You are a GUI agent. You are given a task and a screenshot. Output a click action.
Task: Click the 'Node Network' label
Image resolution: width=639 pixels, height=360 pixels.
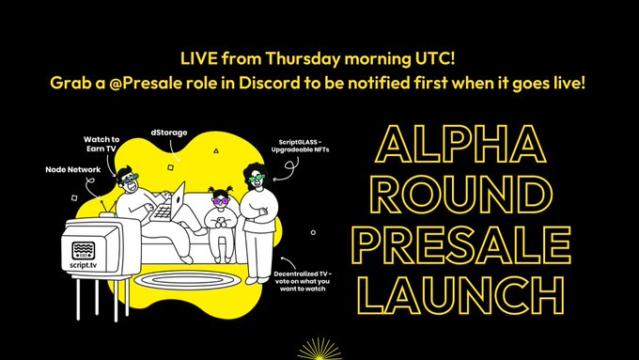(72, 170)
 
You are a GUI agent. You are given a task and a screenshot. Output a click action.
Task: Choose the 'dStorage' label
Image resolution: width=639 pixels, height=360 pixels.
(173, 134)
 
